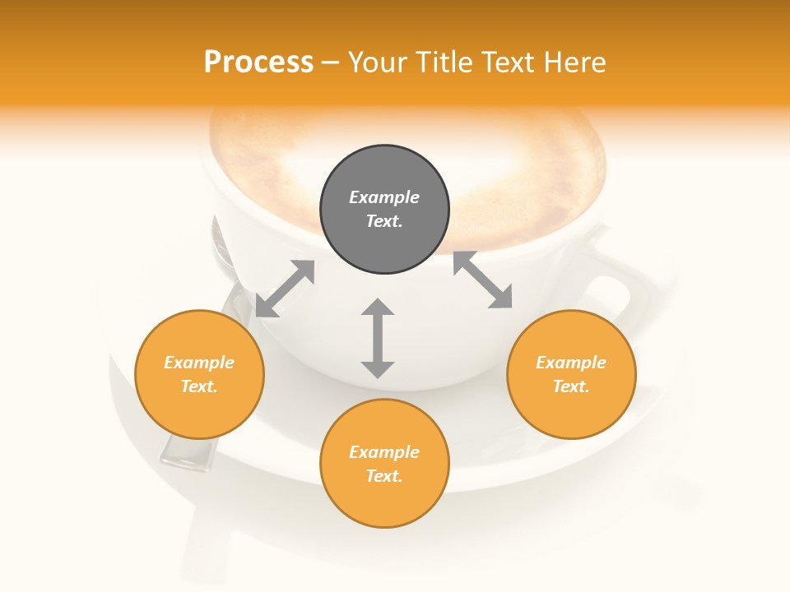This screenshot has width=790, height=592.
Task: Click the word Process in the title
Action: (x=258, y=62)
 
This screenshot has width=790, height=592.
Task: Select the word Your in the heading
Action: (x=378, y=62)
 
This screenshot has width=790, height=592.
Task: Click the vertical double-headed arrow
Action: (x=378, y=338)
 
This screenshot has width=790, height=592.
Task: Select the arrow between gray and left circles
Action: (x=285, y=289)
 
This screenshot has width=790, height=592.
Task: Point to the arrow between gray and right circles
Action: (x=482, y=280)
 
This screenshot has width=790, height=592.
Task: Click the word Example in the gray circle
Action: (x=384, y=197)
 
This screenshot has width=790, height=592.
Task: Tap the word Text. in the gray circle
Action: (x=384, y=221)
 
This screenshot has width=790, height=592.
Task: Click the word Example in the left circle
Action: (x=199, y=363)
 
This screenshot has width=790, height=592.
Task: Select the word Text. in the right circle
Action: (x=571, y=386)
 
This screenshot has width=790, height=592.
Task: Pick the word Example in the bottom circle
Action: (x=384, y=452)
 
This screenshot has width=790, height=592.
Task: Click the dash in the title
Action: (x=331, y=62)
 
